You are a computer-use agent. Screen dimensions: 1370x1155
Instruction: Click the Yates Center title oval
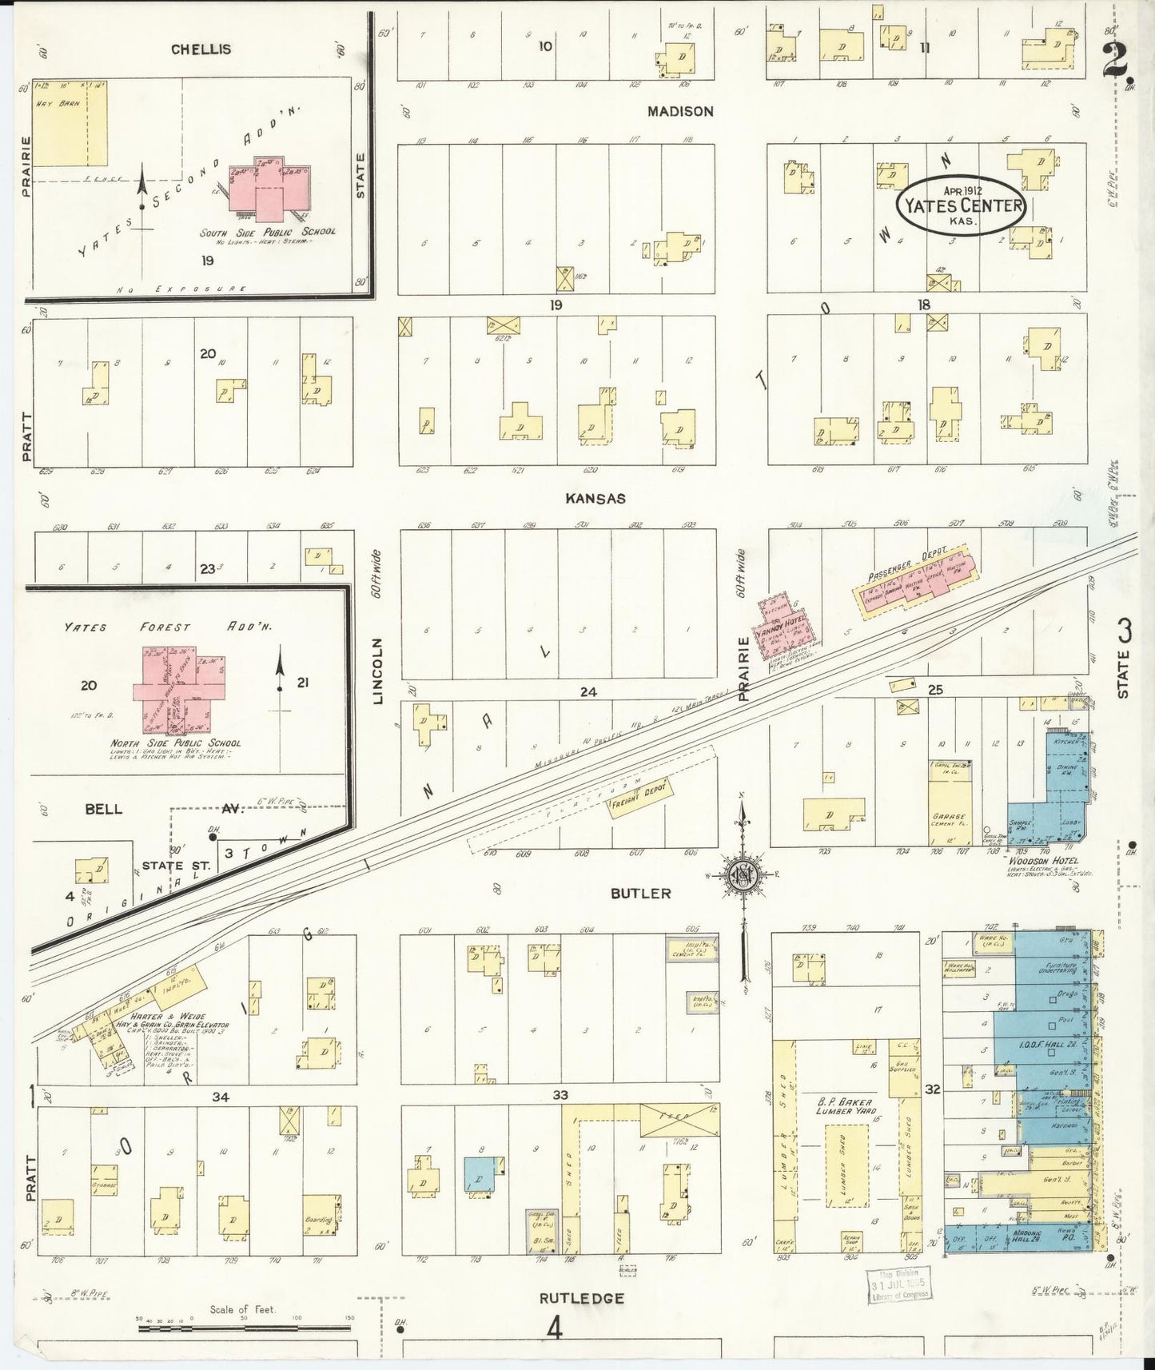[962, 205]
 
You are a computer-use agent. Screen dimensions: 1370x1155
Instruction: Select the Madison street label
[680, 112]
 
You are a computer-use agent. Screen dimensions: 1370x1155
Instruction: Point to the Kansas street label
[595, 498]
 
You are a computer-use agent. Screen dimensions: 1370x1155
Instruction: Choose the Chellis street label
[201, 49]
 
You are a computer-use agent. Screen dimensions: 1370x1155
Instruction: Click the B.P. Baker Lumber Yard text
[844, 1106]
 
